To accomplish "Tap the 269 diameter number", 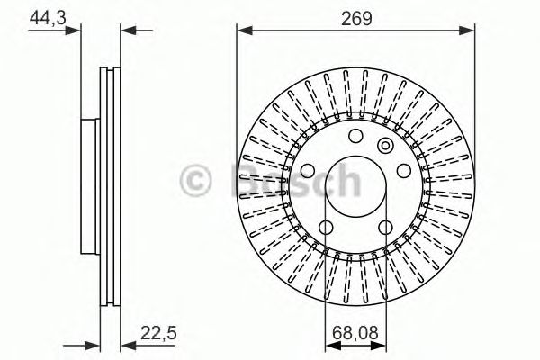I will click(x=356, y=15).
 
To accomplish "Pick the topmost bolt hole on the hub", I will click(x=355, y=137).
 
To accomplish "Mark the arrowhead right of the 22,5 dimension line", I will click(x=126, y=343).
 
